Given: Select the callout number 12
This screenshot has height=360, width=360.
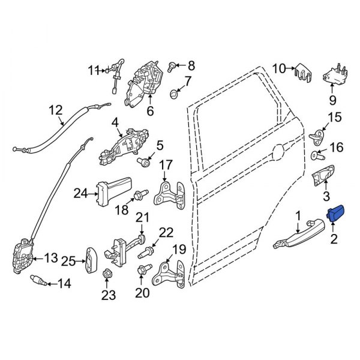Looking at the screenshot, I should (55, 110).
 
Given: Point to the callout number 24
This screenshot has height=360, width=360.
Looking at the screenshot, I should (80, 193).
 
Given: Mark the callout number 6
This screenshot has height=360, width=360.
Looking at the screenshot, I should (150, 110).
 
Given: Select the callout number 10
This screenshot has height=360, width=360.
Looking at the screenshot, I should (280, 69).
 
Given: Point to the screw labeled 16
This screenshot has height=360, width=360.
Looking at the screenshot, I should (316, 157).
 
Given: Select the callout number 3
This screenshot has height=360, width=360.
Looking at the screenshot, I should (326, 196).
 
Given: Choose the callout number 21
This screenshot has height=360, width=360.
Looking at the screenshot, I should (142, 217).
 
